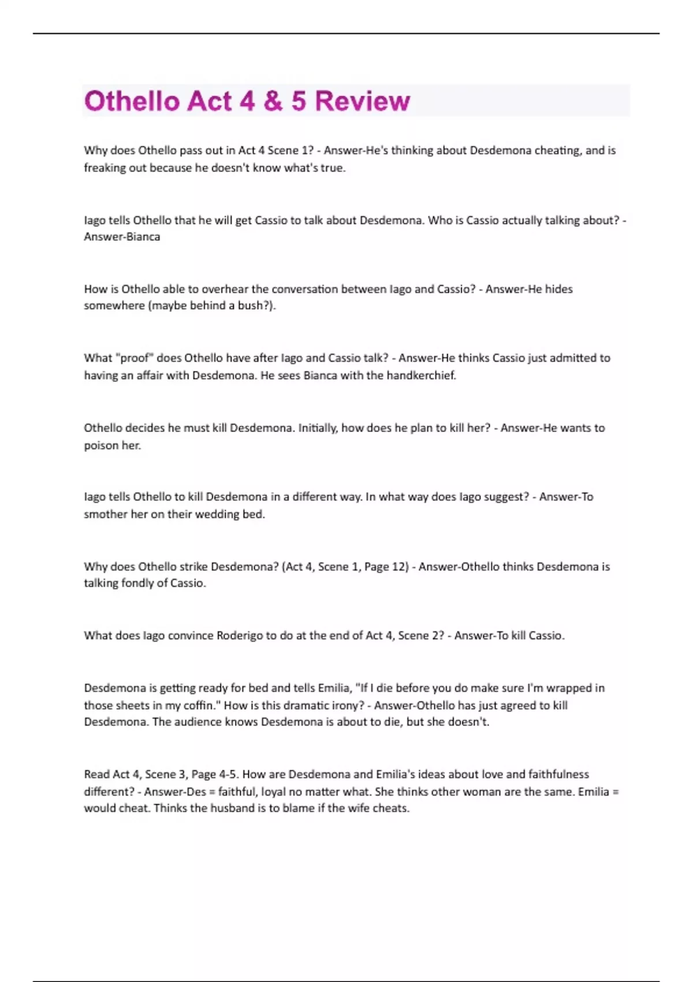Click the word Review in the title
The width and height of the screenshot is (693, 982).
tap(363, 101)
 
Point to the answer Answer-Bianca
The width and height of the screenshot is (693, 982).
tap(122, 237)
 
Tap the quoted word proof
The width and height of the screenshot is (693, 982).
tap(134, 358)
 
